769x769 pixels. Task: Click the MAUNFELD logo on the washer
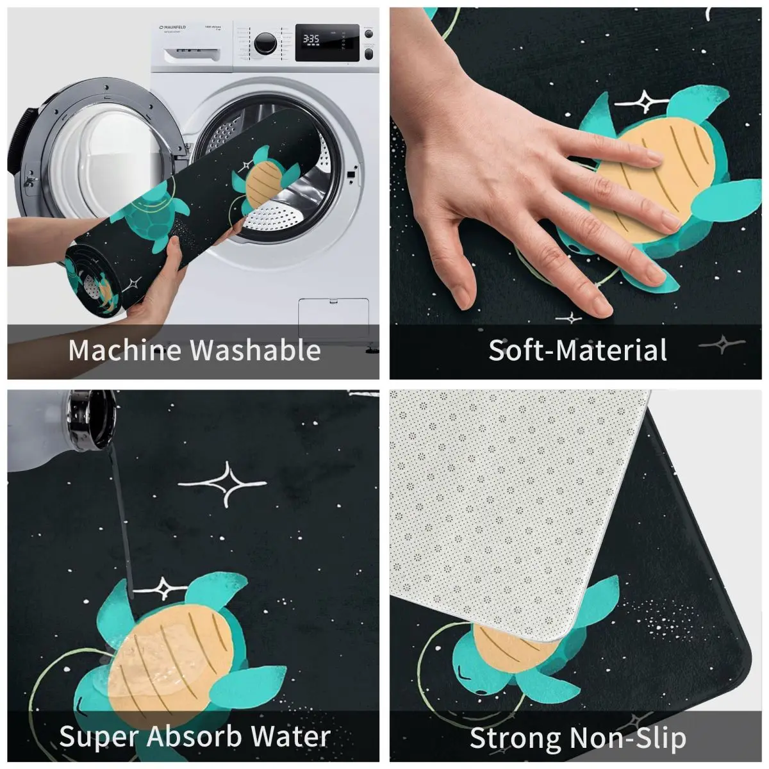[x=172, y=27]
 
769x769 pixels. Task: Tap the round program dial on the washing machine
[x=265, y=43]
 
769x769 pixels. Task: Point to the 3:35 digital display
[x=311, y=38]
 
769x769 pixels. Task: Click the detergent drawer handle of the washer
[x=192, y=54]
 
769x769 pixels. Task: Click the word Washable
[x=256, y=350]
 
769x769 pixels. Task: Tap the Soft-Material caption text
[x=577, y=350]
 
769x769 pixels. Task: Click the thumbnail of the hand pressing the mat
[x=575, y=193]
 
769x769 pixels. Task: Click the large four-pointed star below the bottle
[x=223, y=484]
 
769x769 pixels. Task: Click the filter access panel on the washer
[x=334, y=318]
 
